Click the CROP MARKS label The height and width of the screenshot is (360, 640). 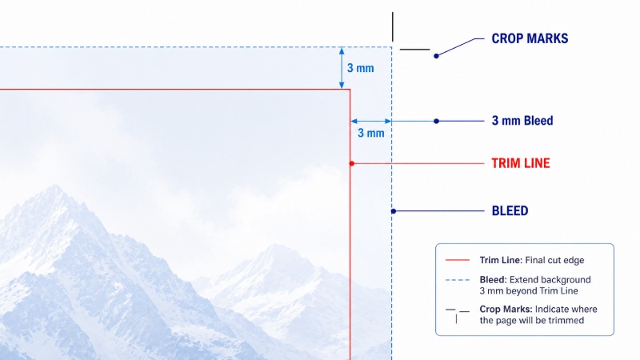coord(530,38)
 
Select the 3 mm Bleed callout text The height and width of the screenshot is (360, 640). coord(522,121)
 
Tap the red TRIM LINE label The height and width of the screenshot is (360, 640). coord(521,163)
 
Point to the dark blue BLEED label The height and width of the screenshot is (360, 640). coord(510,210)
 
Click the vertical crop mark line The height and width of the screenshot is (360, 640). coord(393,26)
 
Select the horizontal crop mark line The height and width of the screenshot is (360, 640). coord(414,50)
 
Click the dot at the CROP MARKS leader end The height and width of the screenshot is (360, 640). coord(436,56)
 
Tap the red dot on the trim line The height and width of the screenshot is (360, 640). coord(352,163)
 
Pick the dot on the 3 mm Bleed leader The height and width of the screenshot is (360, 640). coord(436,121)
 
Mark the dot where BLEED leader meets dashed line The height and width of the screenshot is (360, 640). coord(394,211)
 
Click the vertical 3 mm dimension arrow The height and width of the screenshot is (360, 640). coord(342,68)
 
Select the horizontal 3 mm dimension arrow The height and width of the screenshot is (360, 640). coord(371,121)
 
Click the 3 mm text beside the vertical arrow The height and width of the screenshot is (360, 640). coord(361,68)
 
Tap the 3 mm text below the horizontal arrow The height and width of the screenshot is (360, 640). coord(371,133)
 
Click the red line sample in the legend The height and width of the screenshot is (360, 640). coord(458,260)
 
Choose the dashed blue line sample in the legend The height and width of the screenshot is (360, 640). coord(458,280)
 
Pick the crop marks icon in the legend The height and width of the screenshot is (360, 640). coord(457,315)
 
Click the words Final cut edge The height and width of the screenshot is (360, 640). coord(554,260)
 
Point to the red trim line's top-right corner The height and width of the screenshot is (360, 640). coord(350,89)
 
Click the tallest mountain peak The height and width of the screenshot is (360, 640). coord(54,186)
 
